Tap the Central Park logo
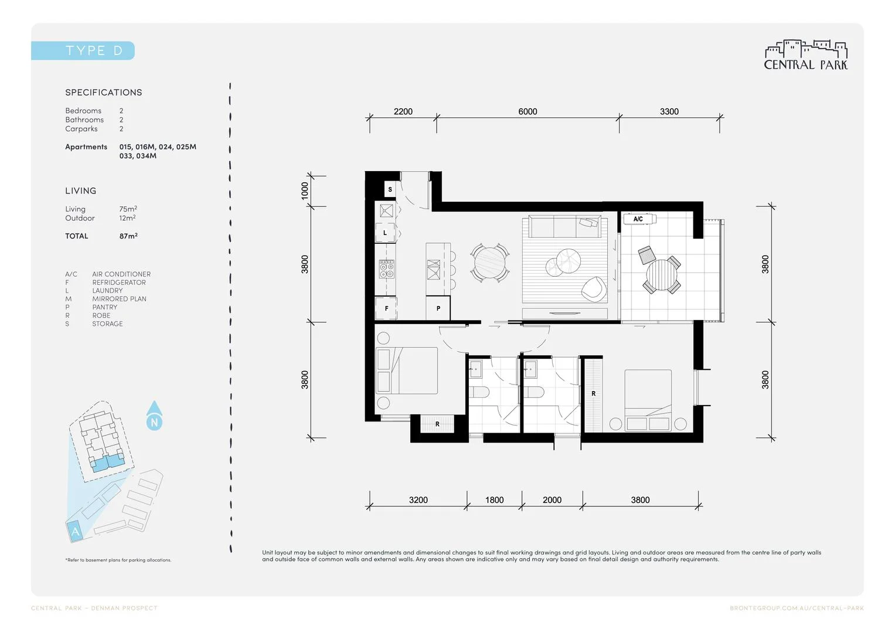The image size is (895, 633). (x=805, y=56)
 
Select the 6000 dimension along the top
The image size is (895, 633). (x=528, y=111)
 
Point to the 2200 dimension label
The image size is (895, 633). (x=403, y=111)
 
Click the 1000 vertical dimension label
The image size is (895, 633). (x=305, y=190)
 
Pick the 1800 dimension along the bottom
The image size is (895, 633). (x=494, y=500)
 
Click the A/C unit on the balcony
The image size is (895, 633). (x=638, y=219)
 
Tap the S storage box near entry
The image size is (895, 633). (x=390, y=189)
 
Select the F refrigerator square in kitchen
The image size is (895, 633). (x=386, y=308)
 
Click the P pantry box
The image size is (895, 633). (x=438, y=308)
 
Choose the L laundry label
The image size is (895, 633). (x=385, y=233)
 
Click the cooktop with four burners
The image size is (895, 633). (x=386, y=269)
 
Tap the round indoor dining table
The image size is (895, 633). (x=489, y=262)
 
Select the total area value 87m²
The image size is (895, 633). (x=128, y=236)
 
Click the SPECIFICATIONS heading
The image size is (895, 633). (x=104, y=93)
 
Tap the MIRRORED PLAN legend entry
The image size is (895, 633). (x=119, y=299)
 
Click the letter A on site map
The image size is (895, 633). (x=75, y=532)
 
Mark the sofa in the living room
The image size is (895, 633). (x=564, y=226)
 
